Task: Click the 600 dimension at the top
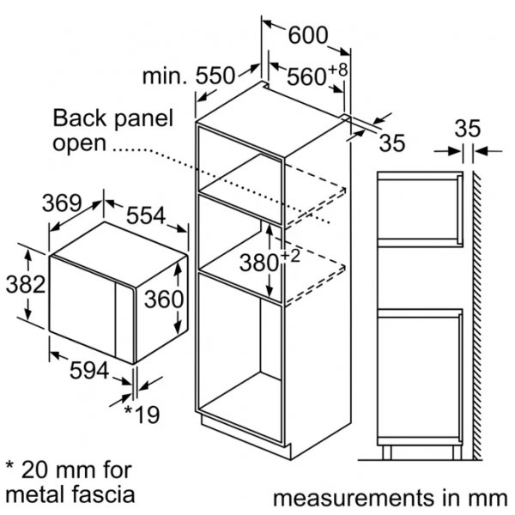pos(308,35)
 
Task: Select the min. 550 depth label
pos(189,76)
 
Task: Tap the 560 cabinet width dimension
pos(306,77)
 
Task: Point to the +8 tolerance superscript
pos(338,70)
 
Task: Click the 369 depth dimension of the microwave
pos(62,203)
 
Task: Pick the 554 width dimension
pos(146,215)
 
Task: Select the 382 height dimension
pos(26,284)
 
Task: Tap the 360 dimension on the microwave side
pos(164,299)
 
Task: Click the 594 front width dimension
pos(89,370)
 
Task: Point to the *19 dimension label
pos(142,415)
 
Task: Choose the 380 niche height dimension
pos(259,264)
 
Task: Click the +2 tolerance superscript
pos(290,256)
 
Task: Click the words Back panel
pos(112,118)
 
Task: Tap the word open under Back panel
pos(80,144)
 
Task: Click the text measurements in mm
pos(391,498)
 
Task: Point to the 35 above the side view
pos(468,128)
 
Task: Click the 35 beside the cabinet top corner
pos(392,142)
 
